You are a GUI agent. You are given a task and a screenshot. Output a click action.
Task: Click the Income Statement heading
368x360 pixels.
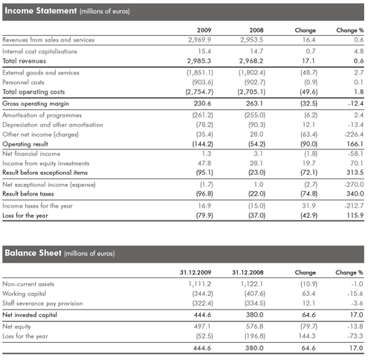67,11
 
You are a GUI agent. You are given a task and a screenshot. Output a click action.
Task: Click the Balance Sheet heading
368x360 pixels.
59,253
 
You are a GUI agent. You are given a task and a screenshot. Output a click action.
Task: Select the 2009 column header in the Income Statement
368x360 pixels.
204,30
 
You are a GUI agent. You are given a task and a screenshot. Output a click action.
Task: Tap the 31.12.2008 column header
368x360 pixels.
248,272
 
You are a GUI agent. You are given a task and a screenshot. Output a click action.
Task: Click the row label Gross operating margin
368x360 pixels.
36,103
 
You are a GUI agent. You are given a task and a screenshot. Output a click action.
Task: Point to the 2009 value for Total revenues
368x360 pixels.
199,61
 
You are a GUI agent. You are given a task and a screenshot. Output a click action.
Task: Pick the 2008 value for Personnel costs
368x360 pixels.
255,83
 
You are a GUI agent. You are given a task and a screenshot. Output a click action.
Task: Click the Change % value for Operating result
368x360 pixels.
355,144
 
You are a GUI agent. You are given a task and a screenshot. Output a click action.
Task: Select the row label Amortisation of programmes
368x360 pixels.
42,115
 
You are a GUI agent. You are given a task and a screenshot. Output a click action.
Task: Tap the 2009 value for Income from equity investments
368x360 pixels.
204,164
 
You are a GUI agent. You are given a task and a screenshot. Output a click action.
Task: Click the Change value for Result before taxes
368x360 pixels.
309,194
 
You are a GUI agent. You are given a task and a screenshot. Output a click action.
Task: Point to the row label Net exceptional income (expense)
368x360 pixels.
49,184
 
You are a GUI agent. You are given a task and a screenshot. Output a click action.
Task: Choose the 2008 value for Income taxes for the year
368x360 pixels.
256,206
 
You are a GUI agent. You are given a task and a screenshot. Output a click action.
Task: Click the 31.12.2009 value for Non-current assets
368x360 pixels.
200,284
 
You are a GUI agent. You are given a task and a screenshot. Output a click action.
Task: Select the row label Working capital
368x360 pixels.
24,294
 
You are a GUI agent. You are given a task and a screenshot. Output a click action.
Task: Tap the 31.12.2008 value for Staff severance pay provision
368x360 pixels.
255,303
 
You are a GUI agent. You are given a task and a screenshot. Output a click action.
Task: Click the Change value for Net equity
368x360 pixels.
309,327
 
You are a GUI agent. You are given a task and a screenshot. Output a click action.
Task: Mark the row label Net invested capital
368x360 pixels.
30,315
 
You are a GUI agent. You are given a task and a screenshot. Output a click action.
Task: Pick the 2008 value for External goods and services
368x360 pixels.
252,73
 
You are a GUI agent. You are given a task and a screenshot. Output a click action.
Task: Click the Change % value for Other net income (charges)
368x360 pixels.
354,135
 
